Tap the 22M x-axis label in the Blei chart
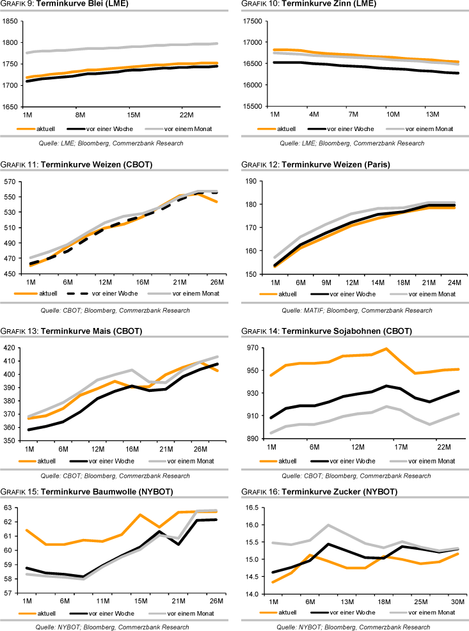point(187,114)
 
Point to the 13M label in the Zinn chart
point(434,114)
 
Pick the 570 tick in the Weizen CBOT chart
point(8,182)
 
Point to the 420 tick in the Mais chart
point(8,348)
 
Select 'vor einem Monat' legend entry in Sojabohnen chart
point(430,461)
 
